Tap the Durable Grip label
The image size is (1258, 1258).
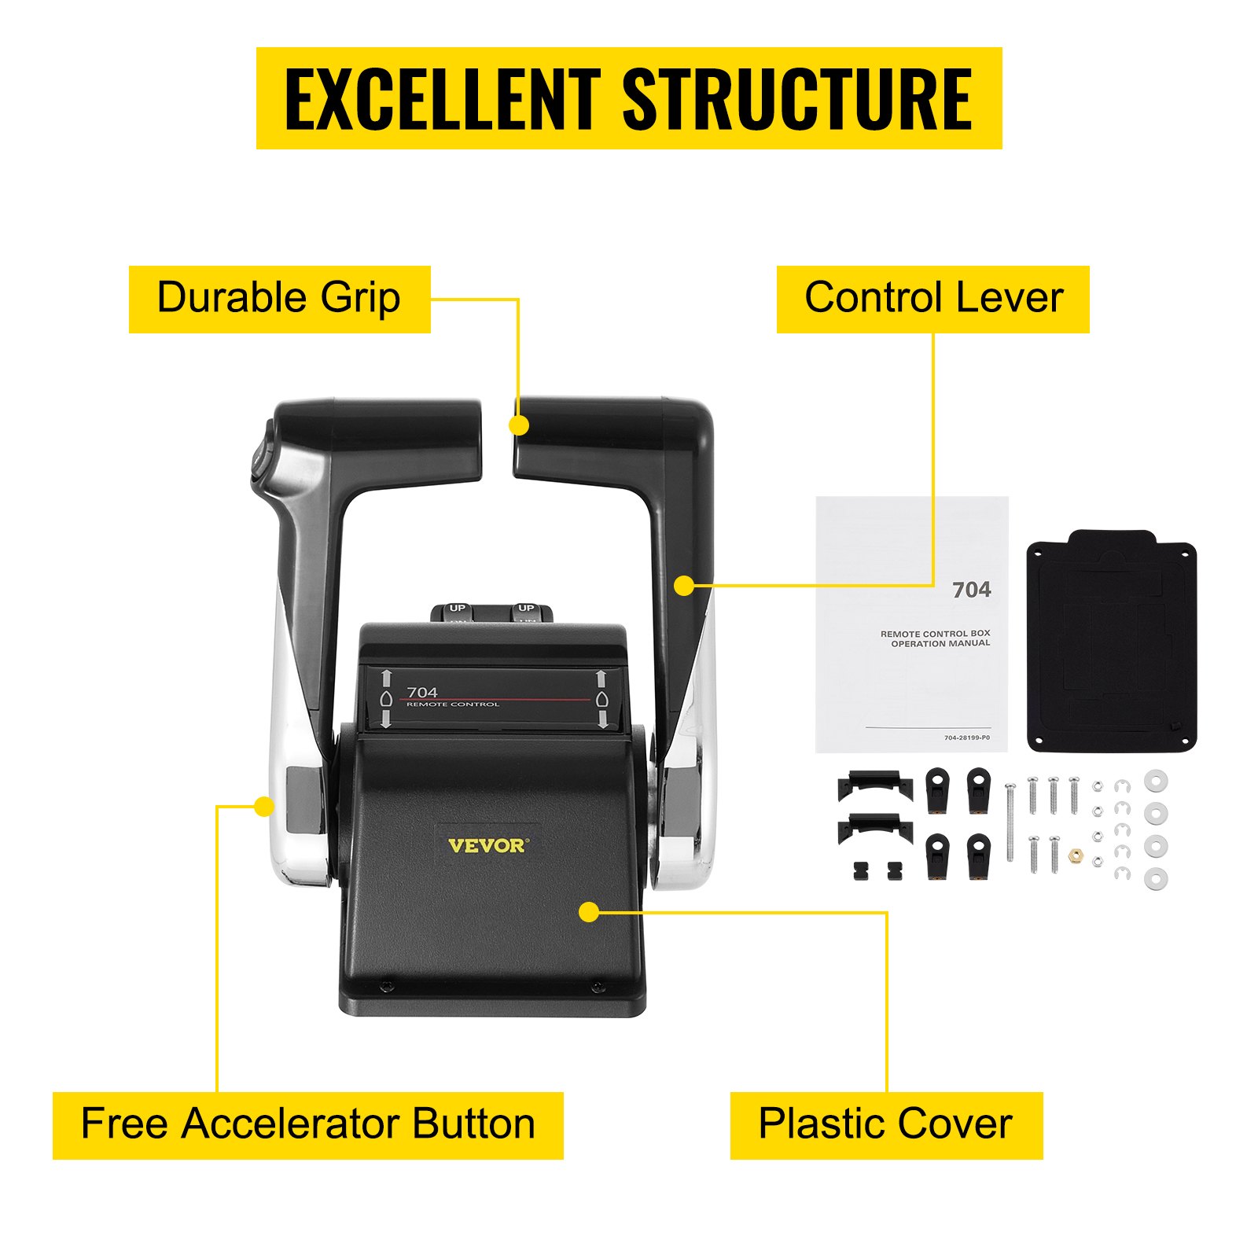coord(279,299)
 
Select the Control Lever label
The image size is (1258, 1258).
coord(933,299)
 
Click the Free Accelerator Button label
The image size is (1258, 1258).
coord(307,1125)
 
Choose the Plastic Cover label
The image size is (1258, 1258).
coord(886,1125)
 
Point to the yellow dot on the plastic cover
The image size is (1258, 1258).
coord(589,912)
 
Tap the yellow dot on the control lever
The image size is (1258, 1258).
coord(684,586)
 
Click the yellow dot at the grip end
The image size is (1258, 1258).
coord(518,425)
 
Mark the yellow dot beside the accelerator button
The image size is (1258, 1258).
coord(264,806)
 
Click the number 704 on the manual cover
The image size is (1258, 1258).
coord(971,590)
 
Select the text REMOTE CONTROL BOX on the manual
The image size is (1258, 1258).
coord(935,633)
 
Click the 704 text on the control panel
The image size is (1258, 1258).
coord(422,692)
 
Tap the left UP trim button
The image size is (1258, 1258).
coord(458,609)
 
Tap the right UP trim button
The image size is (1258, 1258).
coord(526,609)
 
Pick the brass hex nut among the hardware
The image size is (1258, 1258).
coord(1076,855)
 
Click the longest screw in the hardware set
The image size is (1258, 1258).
coord(1010,822)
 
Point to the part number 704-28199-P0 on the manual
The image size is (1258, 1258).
coord(966,738)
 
